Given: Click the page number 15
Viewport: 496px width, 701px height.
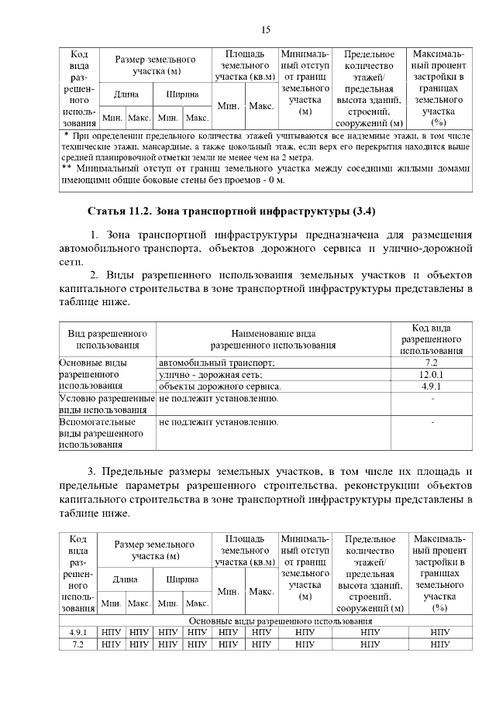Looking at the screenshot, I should pos(265,29).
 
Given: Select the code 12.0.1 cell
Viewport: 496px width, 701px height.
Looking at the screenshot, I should pos(432,374).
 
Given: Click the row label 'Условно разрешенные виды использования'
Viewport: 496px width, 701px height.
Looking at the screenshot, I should pos(106,404).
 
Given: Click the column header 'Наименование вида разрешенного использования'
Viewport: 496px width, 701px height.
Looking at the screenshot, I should pos(274,339).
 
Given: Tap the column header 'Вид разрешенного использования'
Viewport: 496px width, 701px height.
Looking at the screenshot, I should pos(107,339).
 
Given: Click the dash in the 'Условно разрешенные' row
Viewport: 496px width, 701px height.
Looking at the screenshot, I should pos(432,399).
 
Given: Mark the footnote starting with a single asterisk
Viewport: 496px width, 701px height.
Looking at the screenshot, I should pos(265,146).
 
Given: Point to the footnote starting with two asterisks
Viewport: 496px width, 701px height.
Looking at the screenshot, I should pos(265,174).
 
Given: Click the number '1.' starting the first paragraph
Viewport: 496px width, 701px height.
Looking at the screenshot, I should pos(94,235).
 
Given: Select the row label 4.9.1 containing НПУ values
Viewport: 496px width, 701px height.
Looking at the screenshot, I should pos(77,633).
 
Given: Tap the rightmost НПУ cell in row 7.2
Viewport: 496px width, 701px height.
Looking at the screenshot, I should pos(439,644).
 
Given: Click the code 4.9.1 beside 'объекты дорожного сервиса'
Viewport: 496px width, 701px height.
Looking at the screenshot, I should pos(432,386).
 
